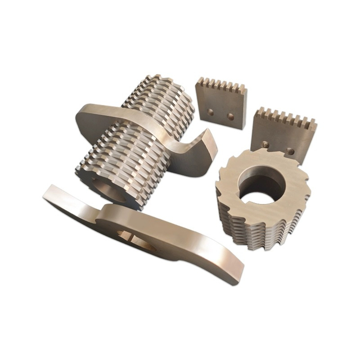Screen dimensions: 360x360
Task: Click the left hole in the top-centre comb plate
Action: pyautogui.click(x=211, y=112)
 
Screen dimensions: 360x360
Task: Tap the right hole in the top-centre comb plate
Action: pyautogui.click(x=229, y=117)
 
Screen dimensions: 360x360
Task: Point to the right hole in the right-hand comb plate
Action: pyautogui.click(x=290, y=151)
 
